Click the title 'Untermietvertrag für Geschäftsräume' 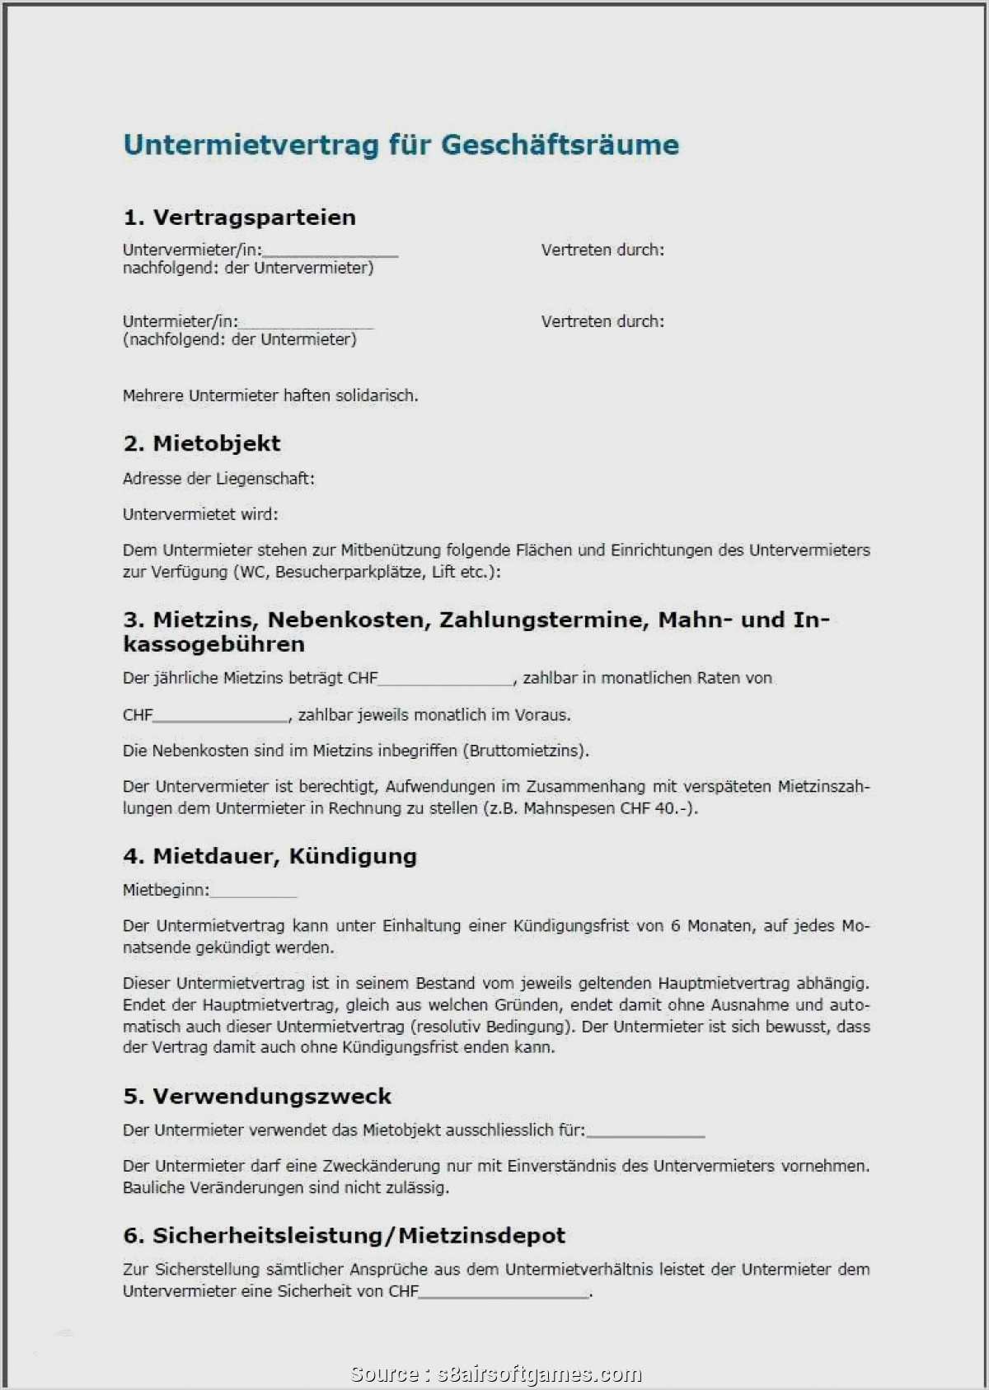click(401, 145)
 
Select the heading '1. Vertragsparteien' click(239, 218)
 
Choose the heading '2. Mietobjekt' click(202, 443)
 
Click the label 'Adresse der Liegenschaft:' click(218, 479)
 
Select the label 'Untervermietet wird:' click(200, 514)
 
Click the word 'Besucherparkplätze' click(350, 572)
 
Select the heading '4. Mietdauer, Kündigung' click(270, 856)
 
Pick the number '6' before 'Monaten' click(675, 926)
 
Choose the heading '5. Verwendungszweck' click(257, 1096)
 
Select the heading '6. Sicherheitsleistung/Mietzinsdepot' click(344, 1235)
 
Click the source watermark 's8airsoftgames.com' click(539, 1374)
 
